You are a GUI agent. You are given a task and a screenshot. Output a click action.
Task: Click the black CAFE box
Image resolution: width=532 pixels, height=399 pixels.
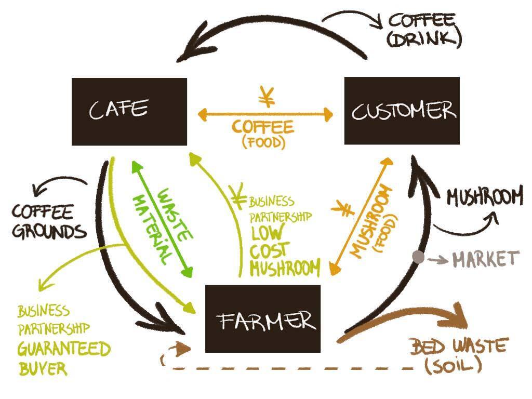click(129, 111)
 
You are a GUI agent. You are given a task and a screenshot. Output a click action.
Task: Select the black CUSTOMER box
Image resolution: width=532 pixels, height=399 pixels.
click(402, 111)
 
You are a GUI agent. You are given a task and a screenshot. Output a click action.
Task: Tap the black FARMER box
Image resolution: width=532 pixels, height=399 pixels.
click(263, 318)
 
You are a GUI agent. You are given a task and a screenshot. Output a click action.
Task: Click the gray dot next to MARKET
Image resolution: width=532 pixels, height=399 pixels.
click(418, 256)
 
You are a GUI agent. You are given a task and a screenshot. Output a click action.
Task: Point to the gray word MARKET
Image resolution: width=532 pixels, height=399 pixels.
click(485, 258)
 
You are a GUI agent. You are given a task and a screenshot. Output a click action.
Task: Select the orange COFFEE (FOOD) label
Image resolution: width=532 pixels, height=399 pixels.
click(263, 133)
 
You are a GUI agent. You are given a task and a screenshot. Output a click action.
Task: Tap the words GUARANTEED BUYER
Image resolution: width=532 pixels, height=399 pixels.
click(62, 358)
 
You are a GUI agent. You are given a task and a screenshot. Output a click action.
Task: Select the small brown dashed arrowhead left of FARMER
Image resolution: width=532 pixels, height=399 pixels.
click(181, 347)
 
